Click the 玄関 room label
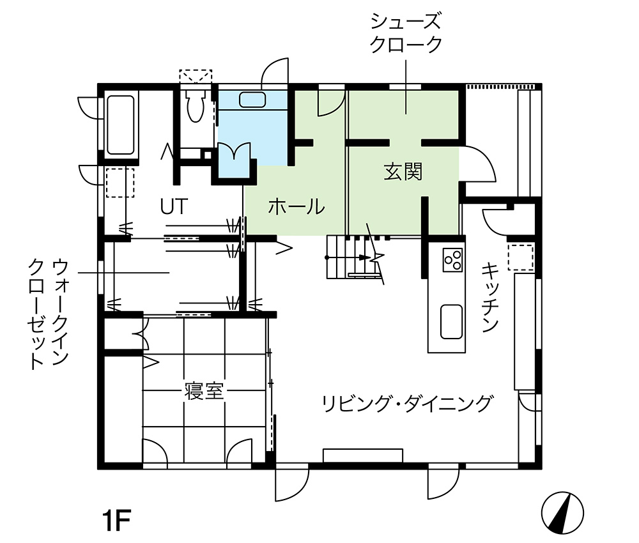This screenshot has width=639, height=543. (x=403, y=171)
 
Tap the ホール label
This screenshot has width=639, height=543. (x=296, y=206)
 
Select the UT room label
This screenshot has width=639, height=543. (x=174, y=206)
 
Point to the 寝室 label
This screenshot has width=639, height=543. (x=204, y=392)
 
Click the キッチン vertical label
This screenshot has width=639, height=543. (x=490, y=297)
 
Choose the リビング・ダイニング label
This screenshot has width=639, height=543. (x=407, y=404)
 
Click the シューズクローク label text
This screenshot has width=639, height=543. (x=406, y=33)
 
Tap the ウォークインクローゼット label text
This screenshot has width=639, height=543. (x=49, y=314)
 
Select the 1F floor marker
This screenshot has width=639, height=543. (x=116, y=520)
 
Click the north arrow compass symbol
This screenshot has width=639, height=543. (x=562, y=513)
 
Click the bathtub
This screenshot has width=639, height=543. (x=120, y=125)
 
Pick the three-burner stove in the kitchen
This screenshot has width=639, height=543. (x=453, y=260)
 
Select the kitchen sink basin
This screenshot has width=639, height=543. (x=452, y=321)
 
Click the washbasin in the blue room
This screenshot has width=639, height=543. (x=252, y=100)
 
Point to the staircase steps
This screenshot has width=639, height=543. (x=350, y=257)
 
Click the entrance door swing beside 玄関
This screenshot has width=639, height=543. (x=479, y=163)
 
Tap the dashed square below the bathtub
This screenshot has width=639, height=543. (x=120, y=183)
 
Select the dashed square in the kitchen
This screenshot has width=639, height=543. (x=520, y=257)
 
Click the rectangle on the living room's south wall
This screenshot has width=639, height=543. (x=363, y=455)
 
